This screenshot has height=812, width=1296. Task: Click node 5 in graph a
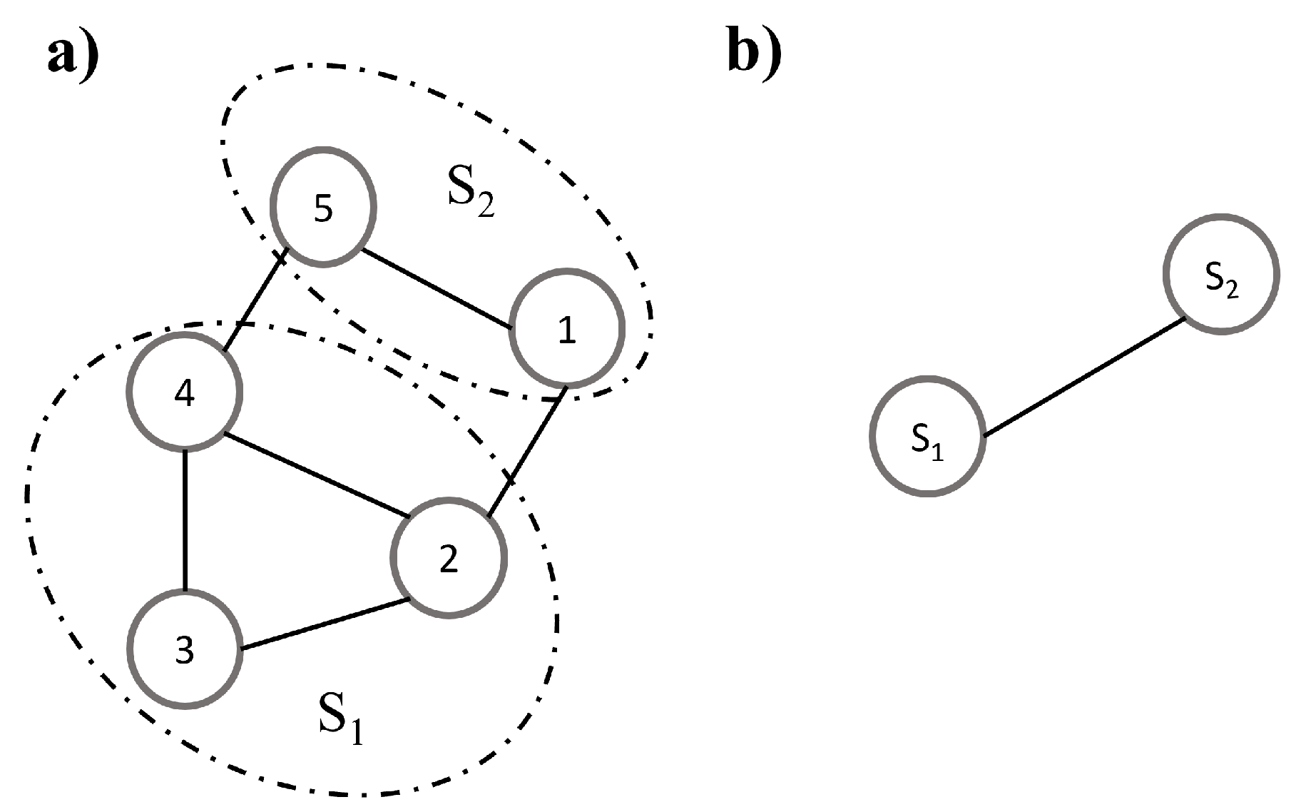tap(323, 207)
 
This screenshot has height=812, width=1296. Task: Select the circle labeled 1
tap(566, 328)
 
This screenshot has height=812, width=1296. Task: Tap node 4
tap(185, 392)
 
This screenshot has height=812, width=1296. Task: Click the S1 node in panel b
tap(927, 435)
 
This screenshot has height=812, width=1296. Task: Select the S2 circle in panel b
tap(1220, 273)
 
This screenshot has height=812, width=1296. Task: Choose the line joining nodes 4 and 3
tap(185, 521)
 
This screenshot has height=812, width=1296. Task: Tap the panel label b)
tap(754, 54)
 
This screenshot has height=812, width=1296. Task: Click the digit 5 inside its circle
tap(323, 208)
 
